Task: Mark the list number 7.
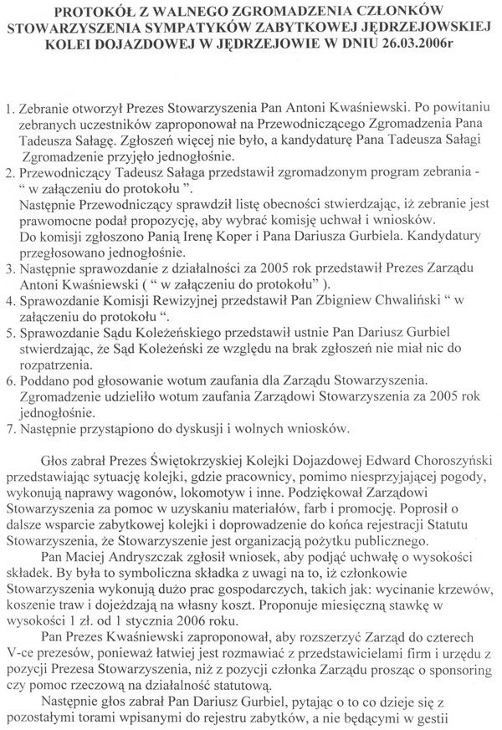tap(10, 430)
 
